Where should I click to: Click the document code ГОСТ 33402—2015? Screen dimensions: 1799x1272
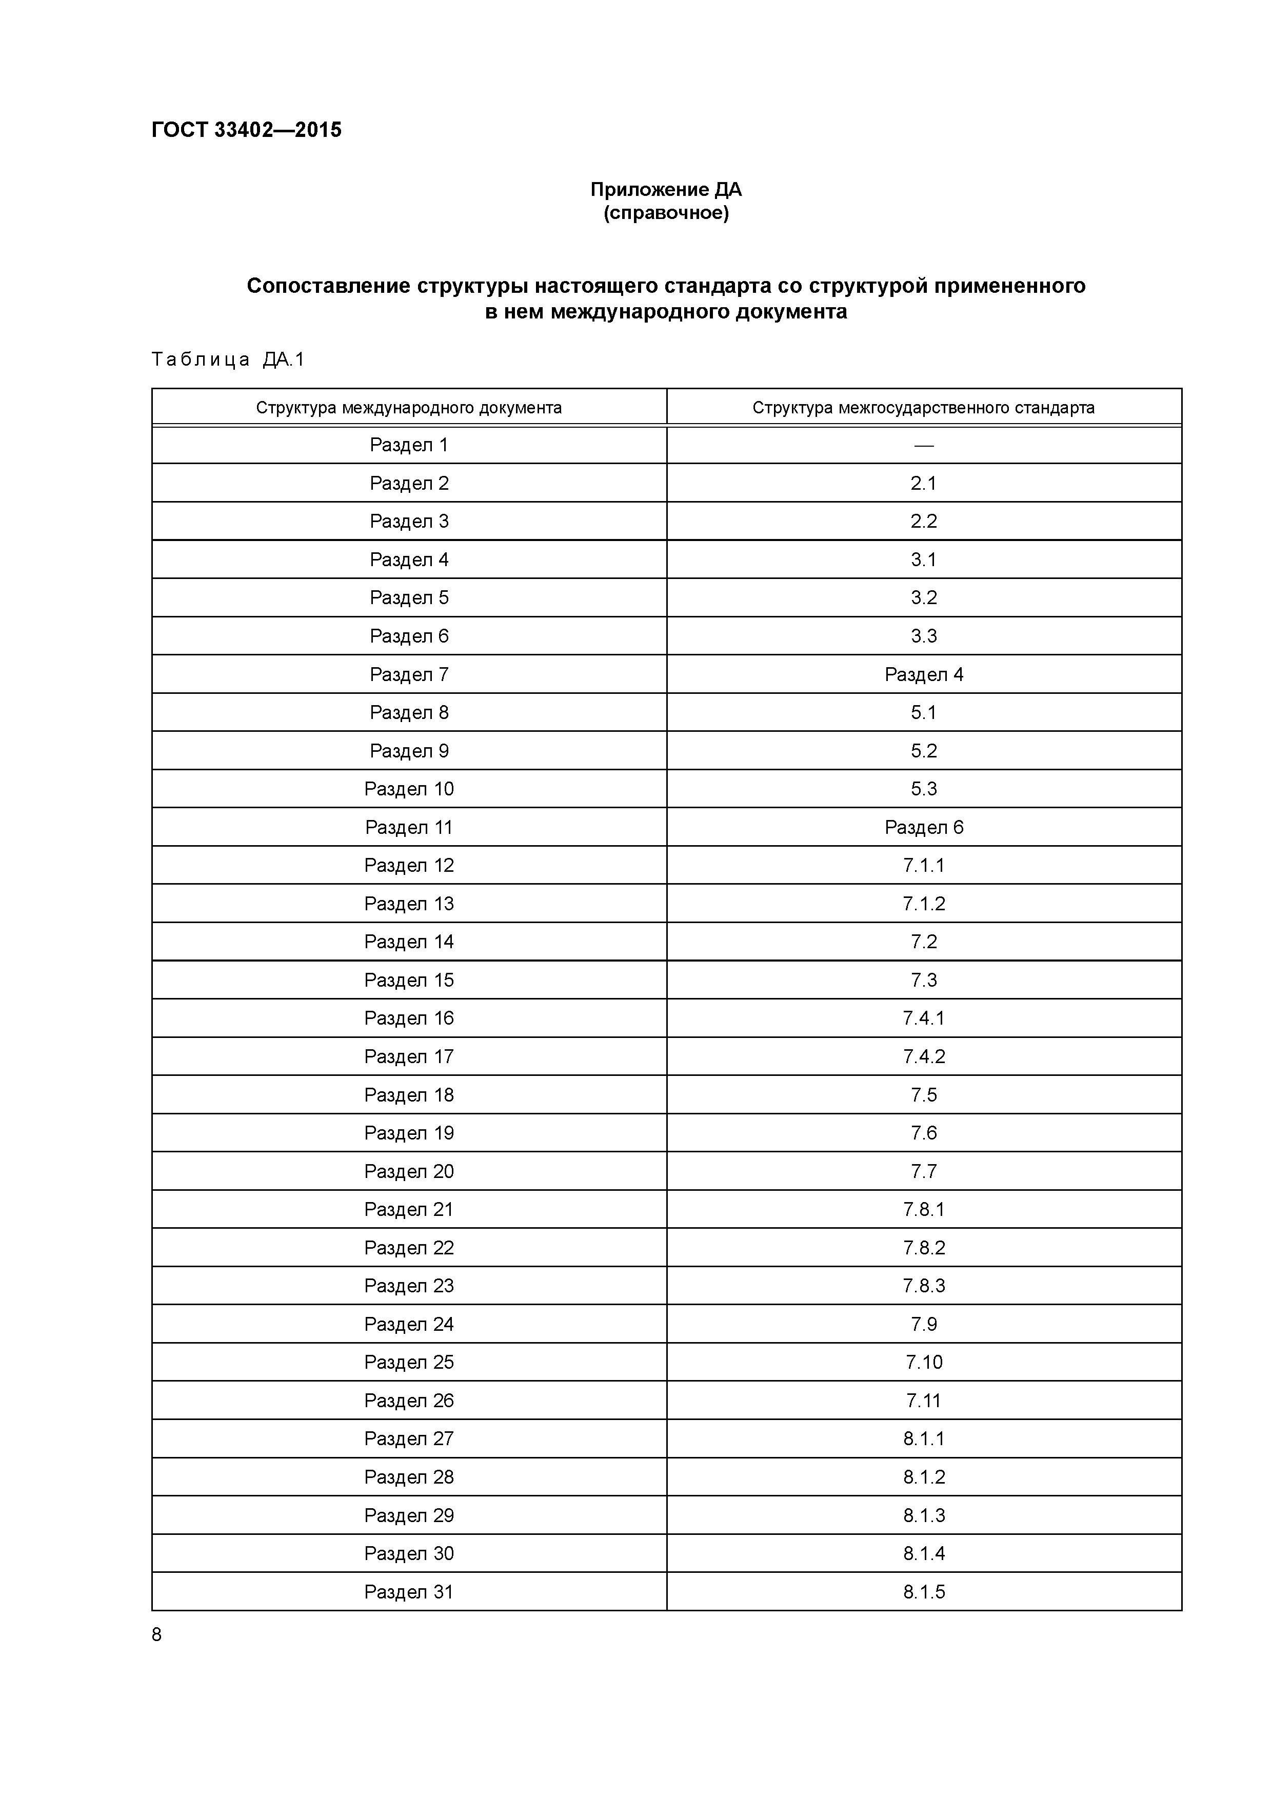coord(246,130)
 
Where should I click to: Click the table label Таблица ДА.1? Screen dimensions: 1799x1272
coord(227,359)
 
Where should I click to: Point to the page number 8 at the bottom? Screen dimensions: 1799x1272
coord(157,1634)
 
